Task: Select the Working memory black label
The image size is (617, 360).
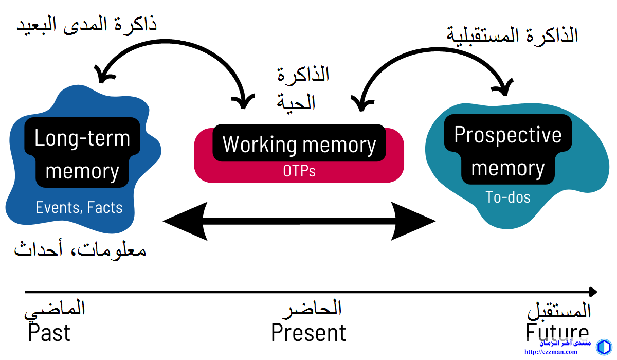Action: (299, 144)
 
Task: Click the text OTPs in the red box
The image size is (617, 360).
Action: (299, 171)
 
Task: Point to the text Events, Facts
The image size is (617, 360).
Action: (79, 207)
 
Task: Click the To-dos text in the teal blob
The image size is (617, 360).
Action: (508, 196)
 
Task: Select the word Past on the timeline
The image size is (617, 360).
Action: (49, 333)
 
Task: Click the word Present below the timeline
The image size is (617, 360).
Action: (308, 333)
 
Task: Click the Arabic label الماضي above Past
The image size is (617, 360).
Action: (55, 309)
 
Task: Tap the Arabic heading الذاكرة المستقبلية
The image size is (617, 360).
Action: (512, 35)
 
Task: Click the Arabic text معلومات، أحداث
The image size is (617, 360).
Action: (80, 250)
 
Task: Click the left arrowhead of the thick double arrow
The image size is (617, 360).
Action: (180, 222)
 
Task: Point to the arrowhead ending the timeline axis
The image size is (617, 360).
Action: (592, 292)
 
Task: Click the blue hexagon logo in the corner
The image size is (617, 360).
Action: (604, 347)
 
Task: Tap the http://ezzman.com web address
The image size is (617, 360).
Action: (550, 352)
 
